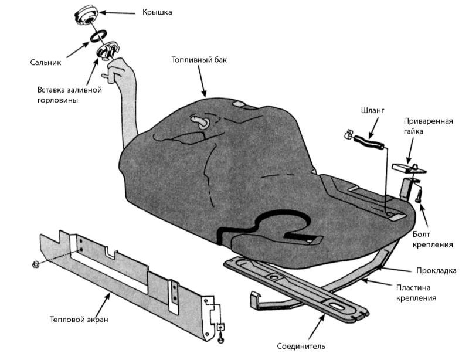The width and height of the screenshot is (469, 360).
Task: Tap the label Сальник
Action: [x=46, y=62]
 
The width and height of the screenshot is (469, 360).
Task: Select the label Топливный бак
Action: [x=199, y=60]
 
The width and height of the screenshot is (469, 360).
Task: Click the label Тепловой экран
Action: [x=79, y=320]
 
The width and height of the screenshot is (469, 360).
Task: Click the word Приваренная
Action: [x=429, y=121]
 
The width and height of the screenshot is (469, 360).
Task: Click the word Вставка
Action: [x=53, y=90]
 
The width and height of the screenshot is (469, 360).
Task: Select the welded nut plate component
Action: [x=409, y=168]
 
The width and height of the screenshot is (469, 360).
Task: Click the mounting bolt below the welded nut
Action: [x=420, y=196]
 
